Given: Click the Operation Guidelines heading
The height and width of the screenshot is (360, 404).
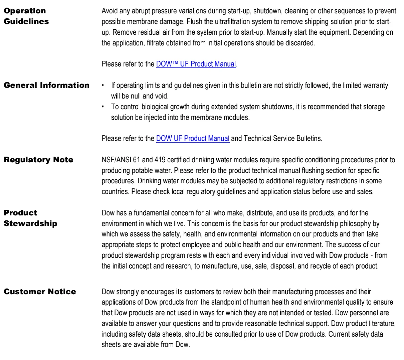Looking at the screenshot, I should pos(26,16).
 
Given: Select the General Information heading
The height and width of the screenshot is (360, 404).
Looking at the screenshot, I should pos(46,85).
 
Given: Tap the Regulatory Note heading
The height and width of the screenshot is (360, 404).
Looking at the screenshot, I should pos(38,160).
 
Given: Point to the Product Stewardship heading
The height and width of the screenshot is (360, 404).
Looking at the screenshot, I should pos(30,218).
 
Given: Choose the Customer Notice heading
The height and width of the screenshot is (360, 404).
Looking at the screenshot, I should pos(40,292).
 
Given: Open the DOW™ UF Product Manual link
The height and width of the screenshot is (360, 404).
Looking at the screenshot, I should pos(196,64).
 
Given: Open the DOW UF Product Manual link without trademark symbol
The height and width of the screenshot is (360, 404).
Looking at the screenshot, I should pos(193,139).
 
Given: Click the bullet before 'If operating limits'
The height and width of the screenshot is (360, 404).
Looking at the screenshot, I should pos(103,85).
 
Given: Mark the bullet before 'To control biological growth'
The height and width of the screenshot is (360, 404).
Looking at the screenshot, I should pos(103,107).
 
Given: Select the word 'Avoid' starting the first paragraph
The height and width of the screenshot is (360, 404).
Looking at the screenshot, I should pos(110,11).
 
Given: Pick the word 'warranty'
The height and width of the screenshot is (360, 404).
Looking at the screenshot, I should pos(375,85).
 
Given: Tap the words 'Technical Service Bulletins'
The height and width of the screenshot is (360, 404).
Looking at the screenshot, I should pos(282,139).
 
